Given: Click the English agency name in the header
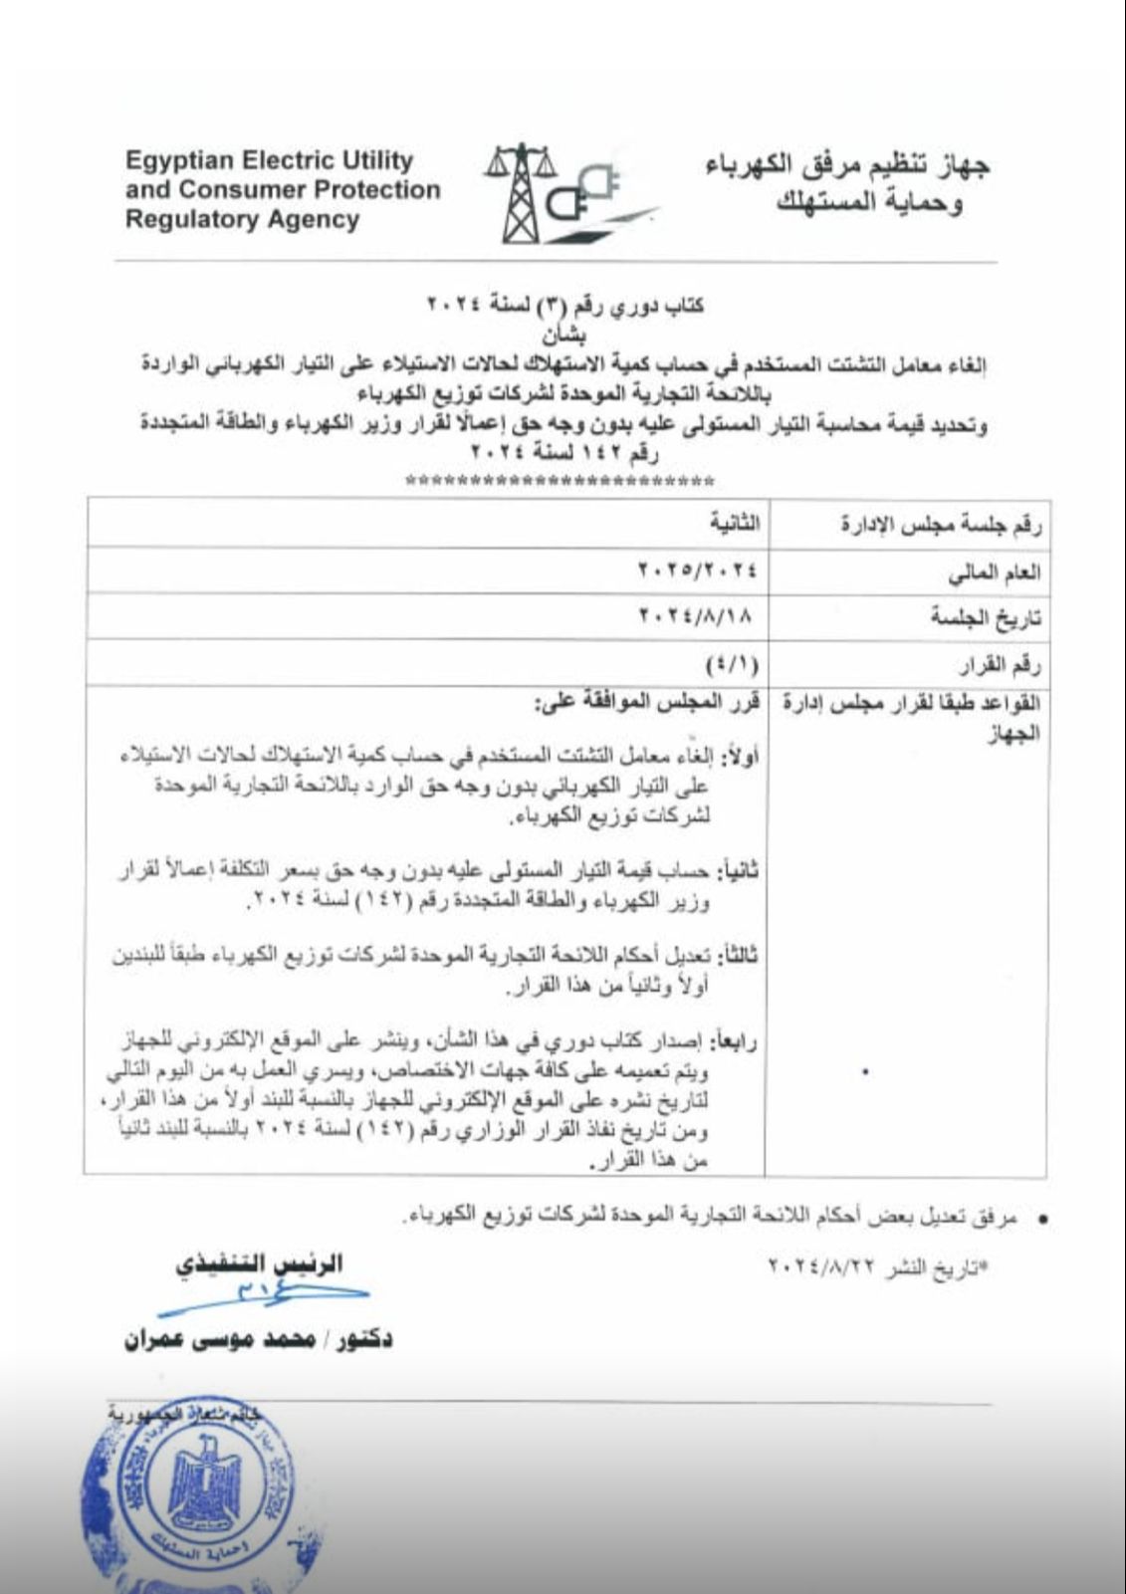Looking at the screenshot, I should (x=283, y=189).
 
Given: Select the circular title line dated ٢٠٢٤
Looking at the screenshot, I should (x=565, y=305).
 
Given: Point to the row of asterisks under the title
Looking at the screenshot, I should (x=561, y=482).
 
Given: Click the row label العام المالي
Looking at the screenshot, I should (x=996, y=571).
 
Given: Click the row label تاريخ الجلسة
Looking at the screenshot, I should (x=986, y=618).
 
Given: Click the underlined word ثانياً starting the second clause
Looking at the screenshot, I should (x=740, y=871).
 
